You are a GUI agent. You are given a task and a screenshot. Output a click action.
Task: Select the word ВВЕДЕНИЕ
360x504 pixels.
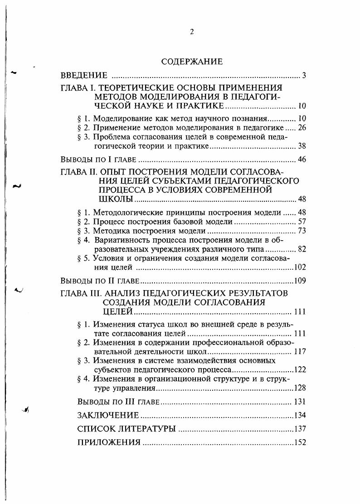pyautogui.click(x=84, y=75)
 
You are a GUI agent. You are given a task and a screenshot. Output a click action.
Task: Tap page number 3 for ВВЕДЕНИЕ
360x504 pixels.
pyautogui.click(x=304, y=75)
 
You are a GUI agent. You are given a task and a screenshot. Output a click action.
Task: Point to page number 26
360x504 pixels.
pyautogui.click(x=302, y=128)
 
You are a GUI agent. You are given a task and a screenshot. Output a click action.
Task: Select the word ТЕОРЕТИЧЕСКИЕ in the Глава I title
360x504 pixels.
pyautogui.click(x=131, y=87)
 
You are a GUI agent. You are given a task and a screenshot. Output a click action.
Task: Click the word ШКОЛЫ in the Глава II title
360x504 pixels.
pyautogui.click(x=116, y=199)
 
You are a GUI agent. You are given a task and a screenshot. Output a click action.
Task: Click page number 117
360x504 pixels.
pyautogui.click(x=301, y=351)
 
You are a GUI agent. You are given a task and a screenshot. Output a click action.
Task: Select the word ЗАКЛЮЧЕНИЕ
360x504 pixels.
pyautogui.click(x=108, y=415)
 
